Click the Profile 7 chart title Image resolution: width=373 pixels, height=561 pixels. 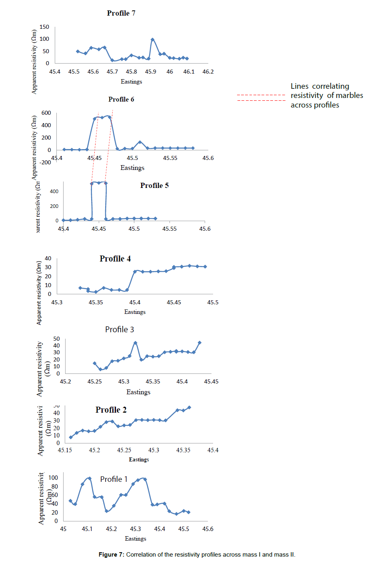point(121,13)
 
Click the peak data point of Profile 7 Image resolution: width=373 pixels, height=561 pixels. point(152,40)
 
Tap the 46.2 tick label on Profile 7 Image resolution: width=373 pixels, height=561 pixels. point(208,72)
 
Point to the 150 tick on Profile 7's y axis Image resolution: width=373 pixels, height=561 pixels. point(44,27)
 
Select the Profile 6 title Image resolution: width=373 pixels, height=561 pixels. point(121,99)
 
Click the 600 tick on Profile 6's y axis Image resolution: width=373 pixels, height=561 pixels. point(46,113)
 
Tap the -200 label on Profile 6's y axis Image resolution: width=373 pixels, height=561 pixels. point(45,162)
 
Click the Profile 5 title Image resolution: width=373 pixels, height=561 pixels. point(154,185)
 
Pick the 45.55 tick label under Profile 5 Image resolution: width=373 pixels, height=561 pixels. point(170,229)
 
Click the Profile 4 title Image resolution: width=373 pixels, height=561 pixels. point(115,259)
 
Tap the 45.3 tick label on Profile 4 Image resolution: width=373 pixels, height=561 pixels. point(57,302)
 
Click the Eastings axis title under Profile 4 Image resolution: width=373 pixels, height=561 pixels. point(135,312)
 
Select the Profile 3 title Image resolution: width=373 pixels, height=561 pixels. point(120,329)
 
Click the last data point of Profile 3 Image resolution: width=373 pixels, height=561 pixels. point(199,343)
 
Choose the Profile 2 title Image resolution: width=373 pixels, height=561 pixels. point(111,410)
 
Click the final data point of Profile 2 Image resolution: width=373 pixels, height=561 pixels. point(189,407)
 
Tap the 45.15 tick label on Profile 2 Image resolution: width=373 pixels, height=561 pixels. point(65,450)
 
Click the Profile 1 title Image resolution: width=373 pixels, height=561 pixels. point(114,479)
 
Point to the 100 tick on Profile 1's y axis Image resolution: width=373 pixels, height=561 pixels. point(53,477)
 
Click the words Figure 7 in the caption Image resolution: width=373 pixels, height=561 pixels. point(111,555)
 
